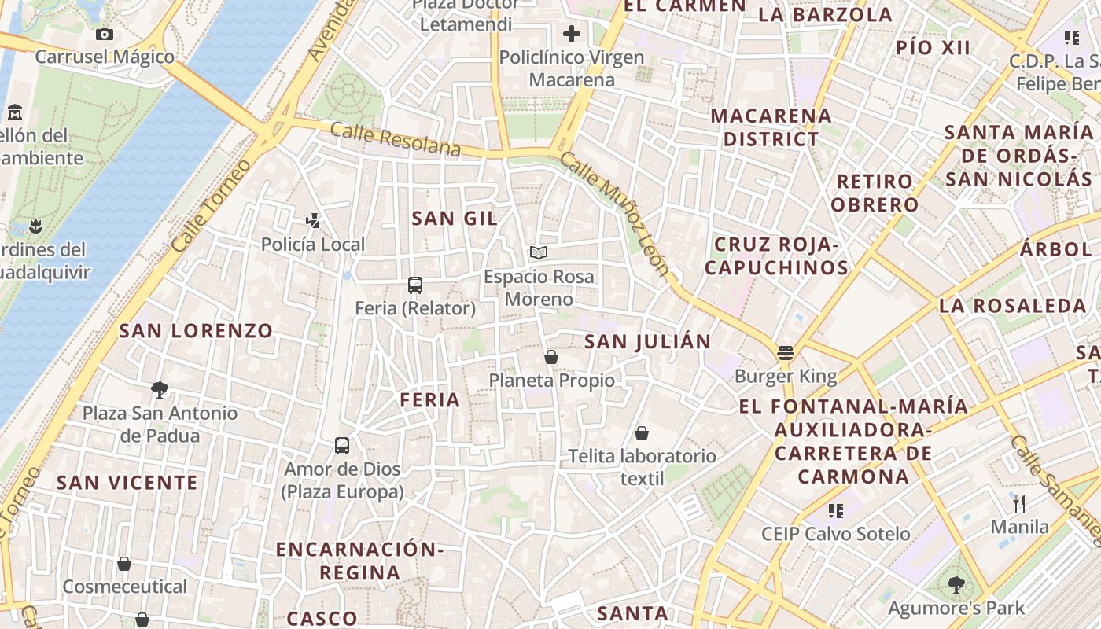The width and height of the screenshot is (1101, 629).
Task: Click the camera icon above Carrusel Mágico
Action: point(104,34)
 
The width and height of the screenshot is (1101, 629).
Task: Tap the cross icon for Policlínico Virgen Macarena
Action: point(572,34)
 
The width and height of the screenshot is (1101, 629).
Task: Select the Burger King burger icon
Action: point(785,352)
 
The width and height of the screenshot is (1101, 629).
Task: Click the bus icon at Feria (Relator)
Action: point(415,285)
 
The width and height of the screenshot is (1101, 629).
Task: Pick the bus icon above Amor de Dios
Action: point(342,446)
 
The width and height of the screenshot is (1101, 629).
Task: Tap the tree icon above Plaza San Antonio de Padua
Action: point(160,389)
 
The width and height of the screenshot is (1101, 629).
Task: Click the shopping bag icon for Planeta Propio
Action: point(551,357)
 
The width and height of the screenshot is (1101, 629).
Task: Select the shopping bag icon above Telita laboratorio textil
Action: point(642,433)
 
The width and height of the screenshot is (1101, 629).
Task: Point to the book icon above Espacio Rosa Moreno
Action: point(539,253)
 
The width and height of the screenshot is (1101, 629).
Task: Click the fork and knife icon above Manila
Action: point(1019,503)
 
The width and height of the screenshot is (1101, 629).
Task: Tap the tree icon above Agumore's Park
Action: point(956,584)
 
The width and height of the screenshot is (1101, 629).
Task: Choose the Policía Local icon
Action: point(313,221)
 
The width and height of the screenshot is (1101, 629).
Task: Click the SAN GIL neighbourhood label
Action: point(455,219)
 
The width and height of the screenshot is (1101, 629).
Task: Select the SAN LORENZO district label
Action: point(196,330)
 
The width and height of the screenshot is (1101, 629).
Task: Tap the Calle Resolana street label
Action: point(395,138)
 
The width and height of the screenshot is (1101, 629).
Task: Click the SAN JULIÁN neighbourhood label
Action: point(648,341)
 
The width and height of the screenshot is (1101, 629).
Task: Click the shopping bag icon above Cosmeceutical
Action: point(124,564)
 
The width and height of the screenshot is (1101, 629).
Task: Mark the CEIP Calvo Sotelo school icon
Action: point(836,511)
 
